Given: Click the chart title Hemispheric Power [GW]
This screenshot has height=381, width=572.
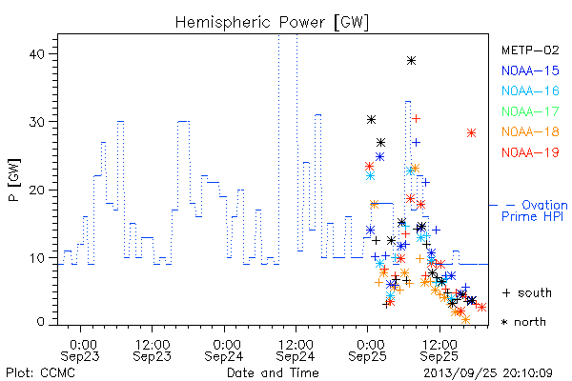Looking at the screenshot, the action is (272, 23).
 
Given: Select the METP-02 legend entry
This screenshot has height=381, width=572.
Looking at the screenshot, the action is (530, 50).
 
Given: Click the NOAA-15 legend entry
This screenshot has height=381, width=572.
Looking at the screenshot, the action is (530, 70).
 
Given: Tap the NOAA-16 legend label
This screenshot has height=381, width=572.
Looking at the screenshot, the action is (530, 90).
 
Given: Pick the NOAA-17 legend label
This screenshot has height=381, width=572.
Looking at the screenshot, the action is (530, 111).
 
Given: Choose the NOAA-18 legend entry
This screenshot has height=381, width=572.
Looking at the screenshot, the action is (530, 131).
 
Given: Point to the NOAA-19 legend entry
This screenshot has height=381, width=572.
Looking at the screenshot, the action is (530, 152).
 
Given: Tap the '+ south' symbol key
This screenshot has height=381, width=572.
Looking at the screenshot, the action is (527, 292).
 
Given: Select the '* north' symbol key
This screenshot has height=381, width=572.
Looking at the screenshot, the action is (523, 322).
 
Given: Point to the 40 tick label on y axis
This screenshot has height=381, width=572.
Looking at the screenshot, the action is (36, 54).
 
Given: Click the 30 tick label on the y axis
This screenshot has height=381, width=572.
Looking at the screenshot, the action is (36, 122).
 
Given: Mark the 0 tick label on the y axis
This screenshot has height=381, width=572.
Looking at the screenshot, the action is (40, 322).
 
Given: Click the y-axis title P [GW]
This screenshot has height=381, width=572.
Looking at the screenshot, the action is (14, 180).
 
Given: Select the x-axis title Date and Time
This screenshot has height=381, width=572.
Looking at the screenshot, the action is (273, 372).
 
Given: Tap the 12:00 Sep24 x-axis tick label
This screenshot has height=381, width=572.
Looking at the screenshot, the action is (296, 351).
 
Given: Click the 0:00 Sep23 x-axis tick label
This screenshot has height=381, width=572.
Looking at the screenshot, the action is (80, 351).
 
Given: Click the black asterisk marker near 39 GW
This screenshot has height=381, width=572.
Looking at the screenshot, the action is (412, 61).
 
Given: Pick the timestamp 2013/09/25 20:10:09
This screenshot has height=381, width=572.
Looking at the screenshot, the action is (488, 373).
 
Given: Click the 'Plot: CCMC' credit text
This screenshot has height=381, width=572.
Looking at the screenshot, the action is (40, 372).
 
